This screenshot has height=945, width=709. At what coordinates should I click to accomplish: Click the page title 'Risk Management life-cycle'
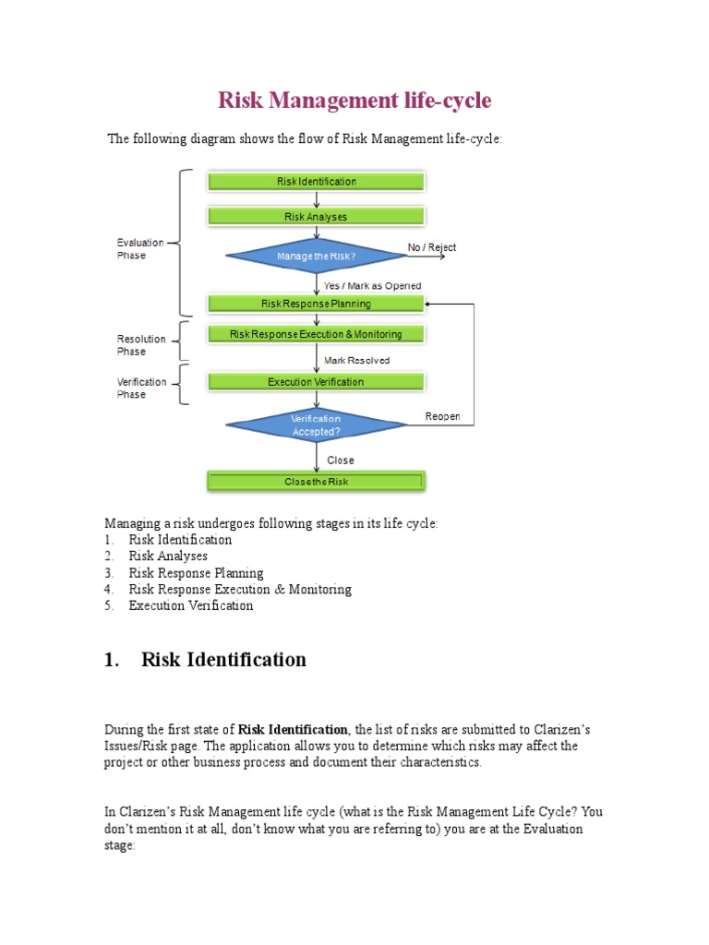[x=354, y=100]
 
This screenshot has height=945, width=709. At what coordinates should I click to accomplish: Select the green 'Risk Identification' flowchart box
[x=317, y=181]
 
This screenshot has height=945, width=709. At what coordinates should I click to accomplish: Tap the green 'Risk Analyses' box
[x=317, y=216]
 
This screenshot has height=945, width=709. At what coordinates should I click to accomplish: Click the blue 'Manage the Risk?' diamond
[x=317, y=256]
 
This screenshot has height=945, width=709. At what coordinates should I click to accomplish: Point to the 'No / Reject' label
[x=431, y=247]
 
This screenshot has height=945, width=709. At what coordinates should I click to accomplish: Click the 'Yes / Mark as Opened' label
[x=372, y=286]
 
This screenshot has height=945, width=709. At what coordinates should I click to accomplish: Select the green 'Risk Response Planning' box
[x=317, y=303]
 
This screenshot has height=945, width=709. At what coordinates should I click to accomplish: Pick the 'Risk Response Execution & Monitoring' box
[x=317, y=334]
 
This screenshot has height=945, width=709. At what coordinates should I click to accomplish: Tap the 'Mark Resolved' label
[x=356, y=360]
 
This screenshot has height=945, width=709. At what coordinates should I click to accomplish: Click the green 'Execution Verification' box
[x=317, y=381]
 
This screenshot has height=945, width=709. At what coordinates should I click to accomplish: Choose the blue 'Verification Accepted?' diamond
[x=317, y=425]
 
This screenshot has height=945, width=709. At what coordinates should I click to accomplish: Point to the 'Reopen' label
[x=442, y=417]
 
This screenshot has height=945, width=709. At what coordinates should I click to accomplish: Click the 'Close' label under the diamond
[x=340, y=460]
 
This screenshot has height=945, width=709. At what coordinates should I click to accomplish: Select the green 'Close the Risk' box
[x=317, y=481]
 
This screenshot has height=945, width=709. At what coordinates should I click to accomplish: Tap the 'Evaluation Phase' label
[x=139, y=249]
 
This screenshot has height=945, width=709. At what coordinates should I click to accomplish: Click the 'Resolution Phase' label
[x=141, y=345]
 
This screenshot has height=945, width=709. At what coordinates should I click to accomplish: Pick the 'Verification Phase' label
[x=141, y=388]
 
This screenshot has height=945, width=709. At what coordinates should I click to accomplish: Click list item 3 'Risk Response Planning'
[x=196, y=573]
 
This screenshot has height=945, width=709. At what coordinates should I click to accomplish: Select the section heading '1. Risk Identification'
[x=205, y=660]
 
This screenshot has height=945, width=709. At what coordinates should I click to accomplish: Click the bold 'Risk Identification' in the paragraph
[x=294, y=729]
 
